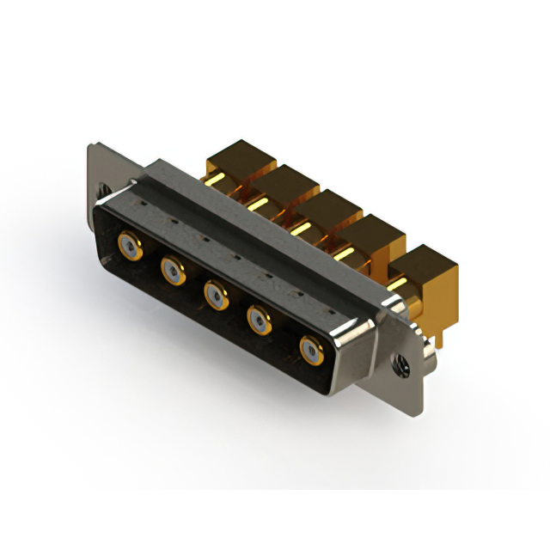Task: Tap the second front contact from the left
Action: tap(173, 272)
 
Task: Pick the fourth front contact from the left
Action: tap(259, 321)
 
